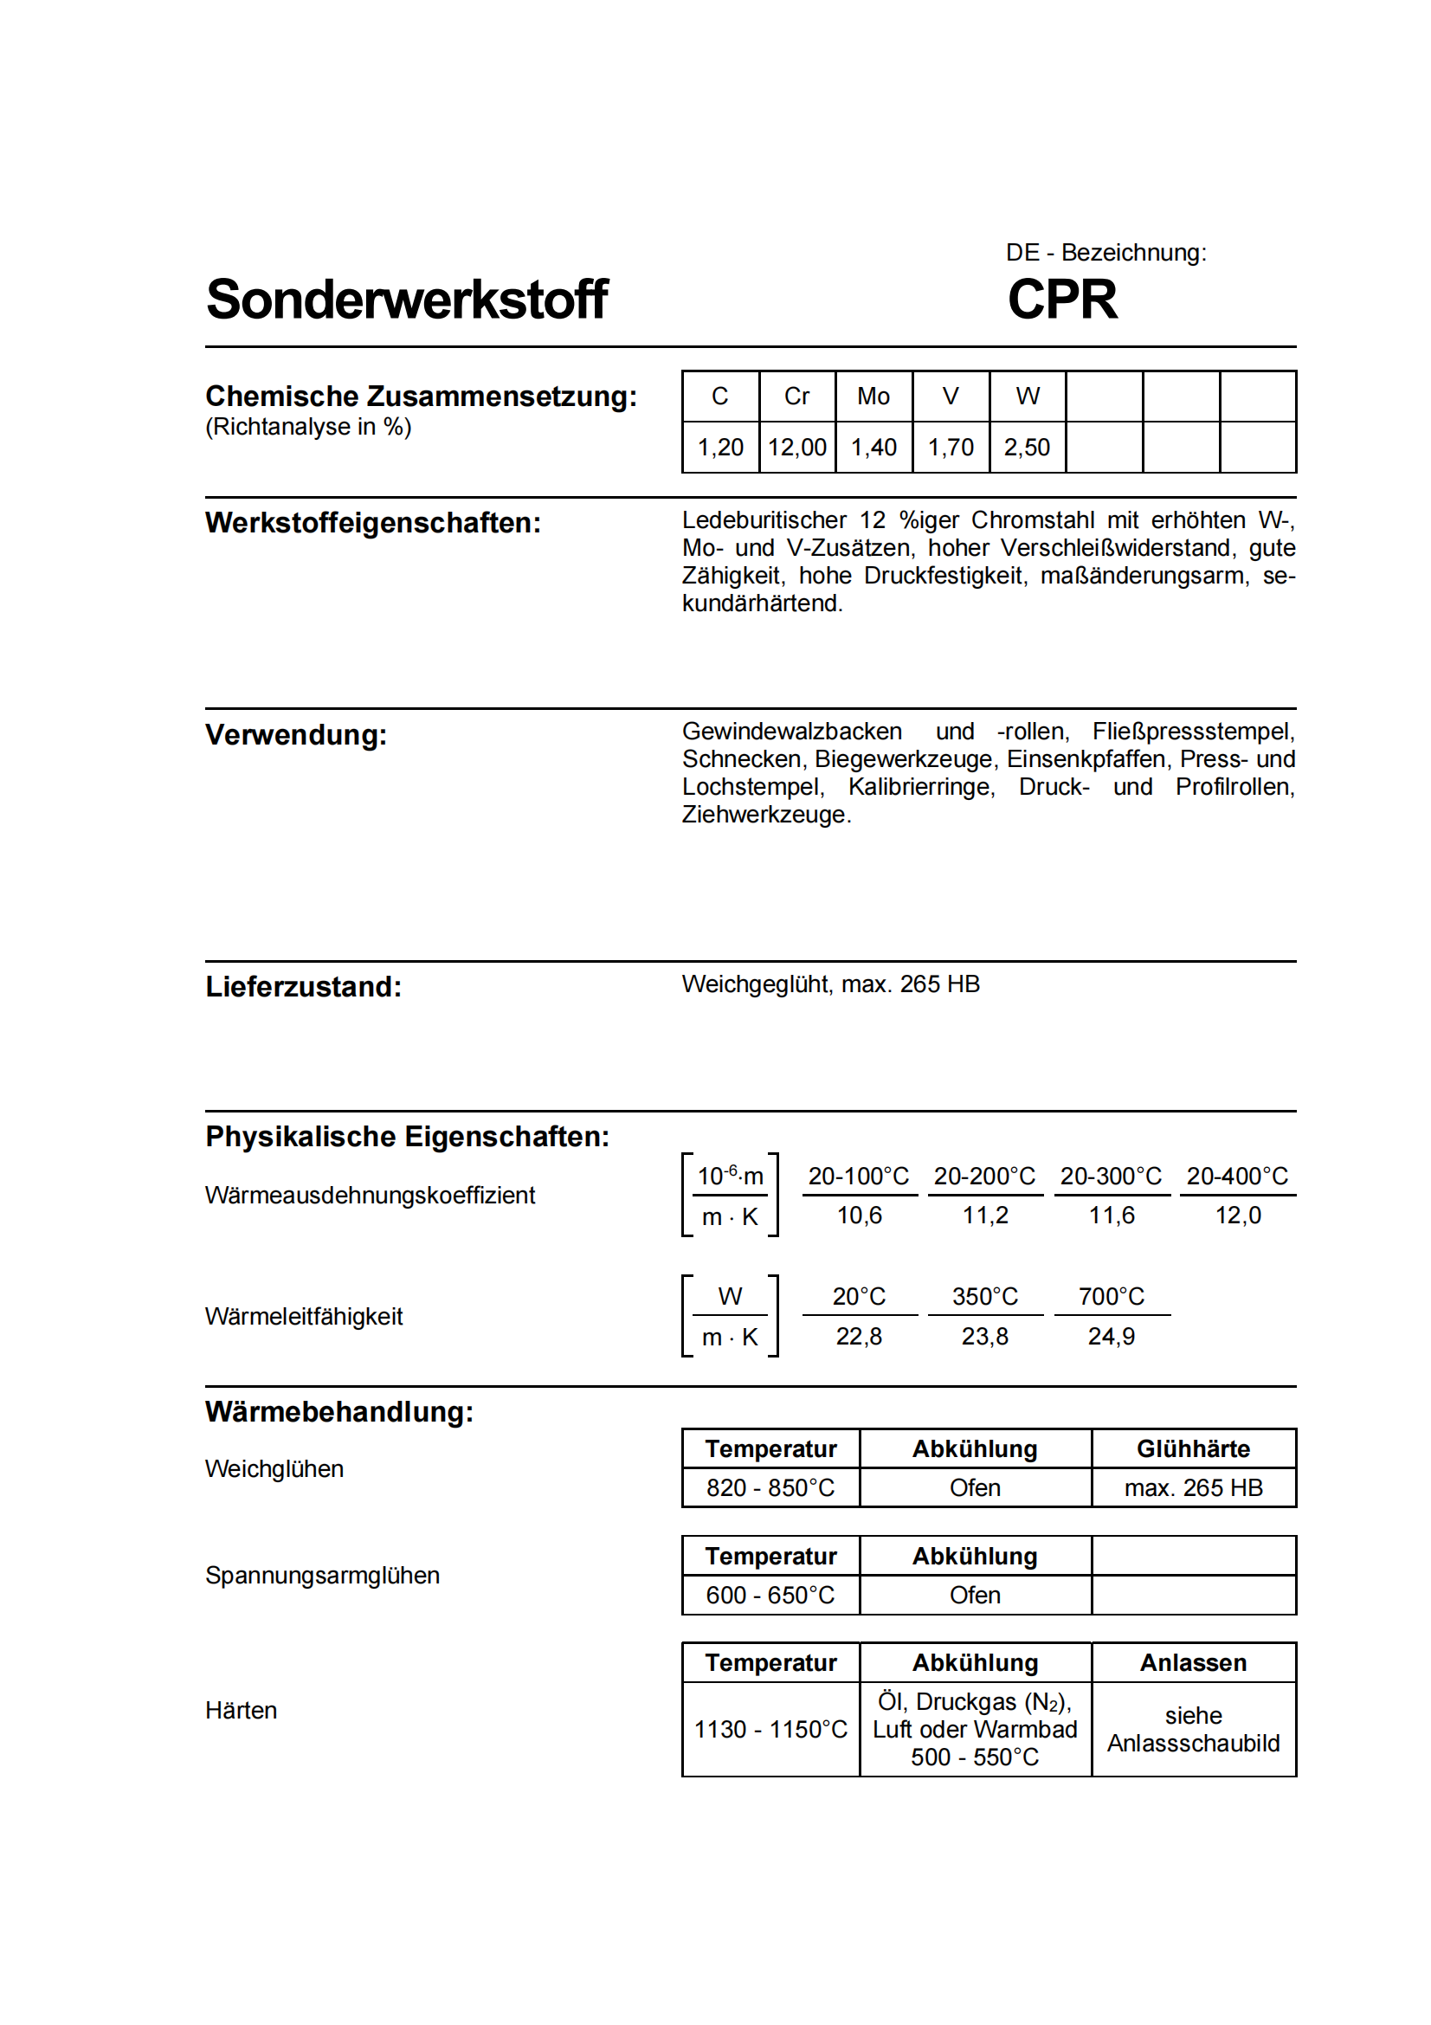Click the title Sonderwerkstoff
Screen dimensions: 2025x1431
click(x=407, y=300)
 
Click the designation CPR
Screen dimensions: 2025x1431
click(x=1061, y=300)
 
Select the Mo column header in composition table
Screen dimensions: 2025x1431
click(x=873, y=397)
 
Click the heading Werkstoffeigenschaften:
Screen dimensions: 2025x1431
click(x=373, y=523)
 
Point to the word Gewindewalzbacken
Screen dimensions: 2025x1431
click(x=792, y=732)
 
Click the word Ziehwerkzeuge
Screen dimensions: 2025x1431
click(x=764, y=815)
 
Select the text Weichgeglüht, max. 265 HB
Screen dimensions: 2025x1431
click(x=829, y=984)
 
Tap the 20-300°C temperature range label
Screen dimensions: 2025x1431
click(x=1111, y=1177)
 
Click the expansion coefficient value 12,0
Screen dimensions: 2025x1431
click(x=1238, y=1216)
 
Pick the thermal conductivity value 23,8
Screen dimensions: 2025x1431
click(x=985, y=1337)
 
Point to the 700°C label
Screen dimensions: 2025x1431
click(x=1111, y=1298)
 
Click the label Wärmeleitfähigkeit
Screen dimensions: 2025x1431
click(x=303, y=1317)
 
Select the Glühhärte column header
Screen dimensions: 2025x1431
click(x=1193, y=1449)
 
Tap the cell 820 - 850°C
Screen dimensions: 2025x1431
click(x=770, y=1489)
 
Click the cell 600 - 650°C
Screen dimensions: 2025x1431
click(x=770, y=1596)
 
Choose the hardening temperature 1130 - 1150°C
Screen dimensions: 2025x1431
click(x=770, y=1730)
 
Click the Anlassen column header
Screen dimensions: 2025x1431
click(x=1193, y=1663)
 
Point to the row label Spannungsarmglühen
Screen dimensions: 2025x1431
click(x=322, y=1576)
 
